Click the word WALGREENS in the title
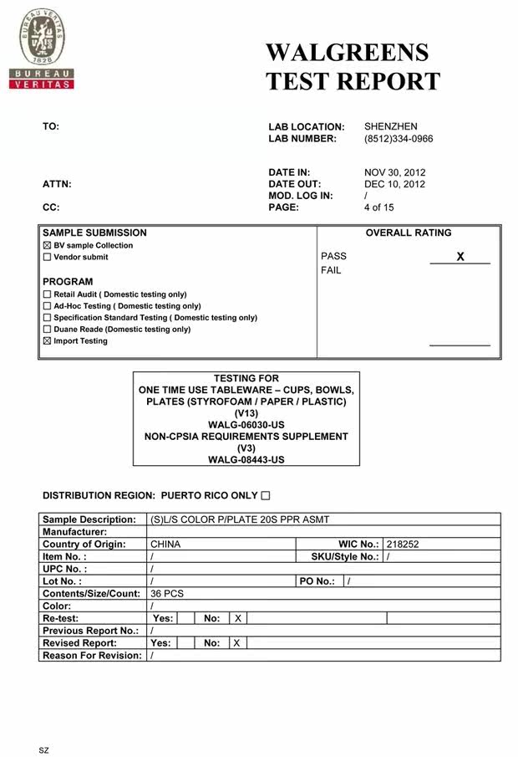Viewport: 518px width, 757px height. coord(347,53)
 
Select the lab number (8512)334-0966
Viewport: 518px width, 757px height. coord(399,139)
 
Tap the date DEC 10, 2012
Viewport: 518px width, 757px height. coord(394,184)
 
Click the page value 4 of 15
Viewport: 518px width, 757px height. coord(378,207)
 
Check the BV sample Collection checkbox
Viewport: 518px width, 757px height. coord(47,246)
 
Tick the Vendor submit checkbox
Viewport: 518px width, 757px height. coord(47,258)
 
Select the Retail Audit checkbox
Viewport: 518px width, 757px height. coord(47,294)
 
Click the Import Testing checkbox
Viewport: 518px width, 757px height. coord(47,341)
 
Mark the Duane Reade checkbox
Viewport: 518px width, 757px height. coord(47,330)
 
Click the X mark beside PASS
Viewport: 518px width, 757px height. coord(460,257)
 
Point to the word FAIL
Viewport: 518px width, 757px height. coord(331,271)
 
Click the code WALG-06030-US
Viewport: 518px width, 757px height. coord(246,425)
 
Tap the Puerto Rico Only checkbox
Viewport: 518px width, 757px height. coord(266,496)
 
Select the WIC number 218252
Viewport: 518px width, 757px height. coord(403,545)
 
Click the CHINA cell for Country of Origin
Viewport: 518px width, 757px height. coord(165,545)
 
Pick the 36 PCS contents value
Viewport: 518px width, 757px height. coord(167,594)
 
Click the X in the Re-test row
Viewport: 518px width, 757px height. coord(238,618)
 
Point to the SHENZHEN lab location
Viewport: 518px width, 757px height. coord(390,127)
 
